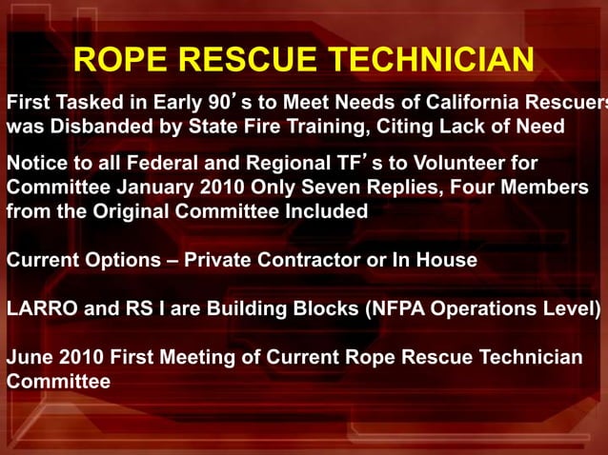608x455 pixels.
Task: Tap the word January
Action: pos(151,188)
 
